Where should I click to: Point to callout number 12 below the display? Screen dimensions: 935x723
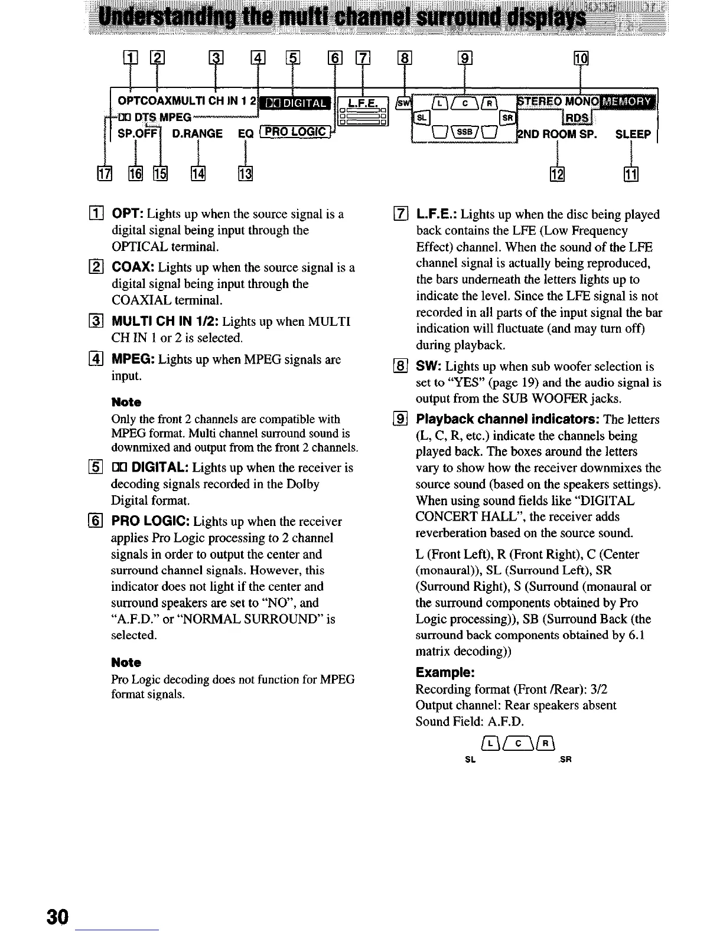coord(557,174)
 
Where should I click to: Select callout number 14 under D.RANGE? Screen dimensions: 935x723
coord(197,174)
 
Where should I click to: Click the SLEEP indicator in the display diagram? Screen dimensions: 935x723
coord(633,134)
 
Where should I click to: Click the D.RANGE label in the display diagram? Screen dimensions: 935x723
coord(197,134)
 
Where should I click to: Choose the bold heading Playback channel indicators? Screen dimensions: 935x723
coord(509,420)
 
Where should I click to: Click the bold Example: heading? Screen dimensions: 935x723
coord(445,673)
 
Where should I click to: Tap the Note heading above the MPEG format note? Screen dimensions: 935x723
coord(126,662)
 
